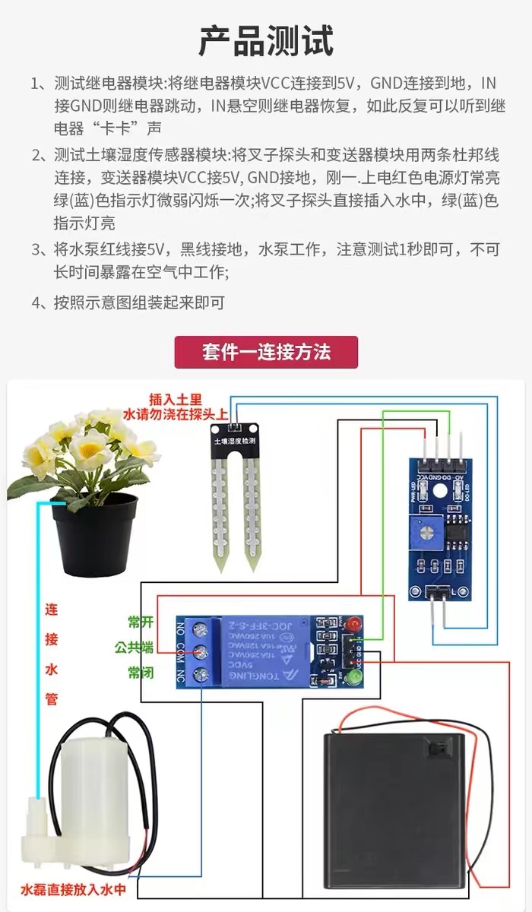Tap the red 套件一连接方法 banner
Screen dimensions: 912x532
click(x=266, y=353)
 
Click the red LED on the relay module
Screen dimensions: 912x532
click(x=352, y=625)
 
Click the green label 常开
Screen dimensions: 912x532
click(x=141, y=622)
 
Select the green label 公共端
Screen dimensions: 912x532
click(x=135, y=648)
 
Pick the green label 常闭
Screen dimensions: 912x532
click(x=141, y=673)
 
